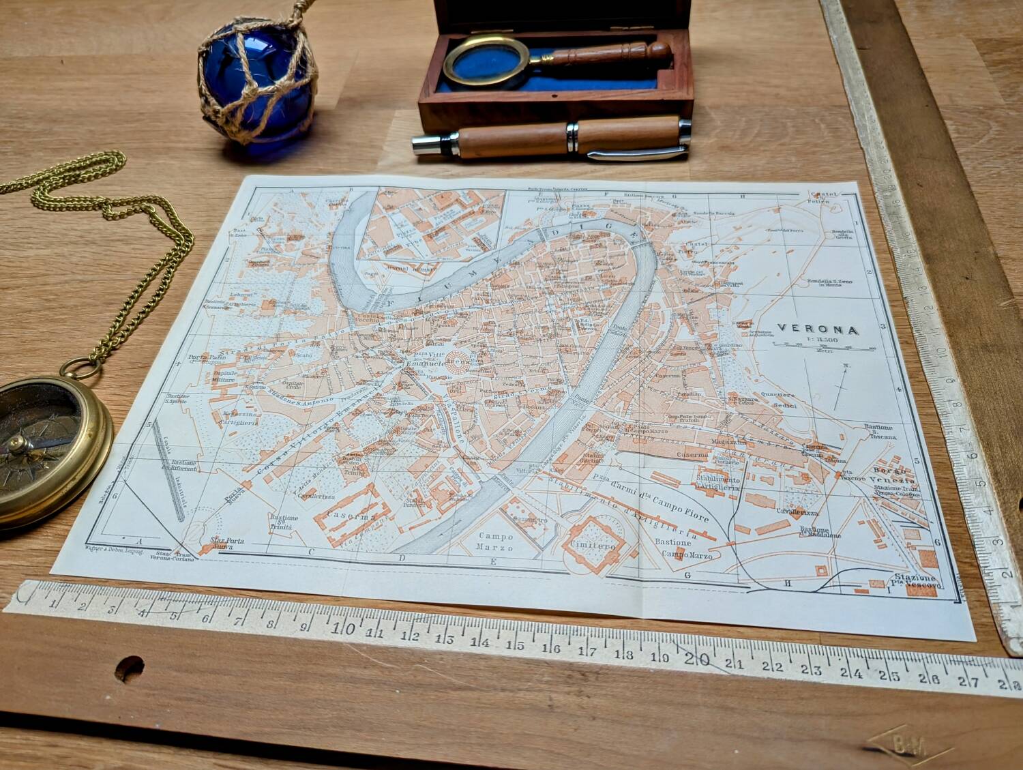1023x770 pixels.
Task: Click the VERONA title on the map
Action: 818,329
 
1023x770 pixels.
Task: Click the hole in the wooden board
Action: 129,664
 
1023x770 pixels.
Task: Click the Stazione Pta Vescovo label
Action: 914,583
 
